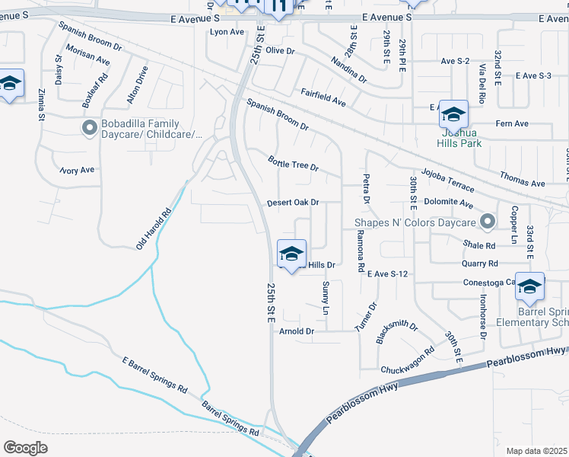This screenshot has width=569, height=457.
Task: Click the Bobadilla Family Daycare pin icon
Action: (89, 129)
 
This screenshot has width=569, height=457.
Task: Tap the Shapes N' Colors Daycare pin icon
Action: (488, 222)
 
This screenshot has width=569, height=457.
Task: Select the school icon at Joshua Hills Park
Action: (453, 115)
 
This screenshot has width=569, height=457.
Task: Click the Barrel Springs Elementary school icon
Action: (529, 286)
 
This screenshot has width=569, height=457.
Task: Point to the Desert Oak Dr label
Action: (292, 203)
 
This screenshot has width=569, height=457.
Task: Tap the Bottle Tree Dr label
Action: (293, 163)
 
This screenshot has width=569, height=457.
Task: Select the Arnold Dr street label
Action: (297, 331)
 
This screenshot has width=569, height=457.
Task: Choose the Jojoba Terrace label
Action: (447, 181)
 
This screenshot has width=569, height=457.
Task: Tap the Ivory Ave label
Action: (78, 170)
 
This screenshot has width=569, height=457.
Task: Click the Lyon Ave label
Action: (227, 32)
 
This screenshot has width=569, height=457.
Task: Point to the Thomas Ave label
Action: (522, 180)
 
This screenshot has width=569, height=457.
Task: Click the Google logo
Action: (25, 447)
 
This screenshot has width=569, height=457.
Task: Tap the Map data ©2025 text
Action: (537, 451)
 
